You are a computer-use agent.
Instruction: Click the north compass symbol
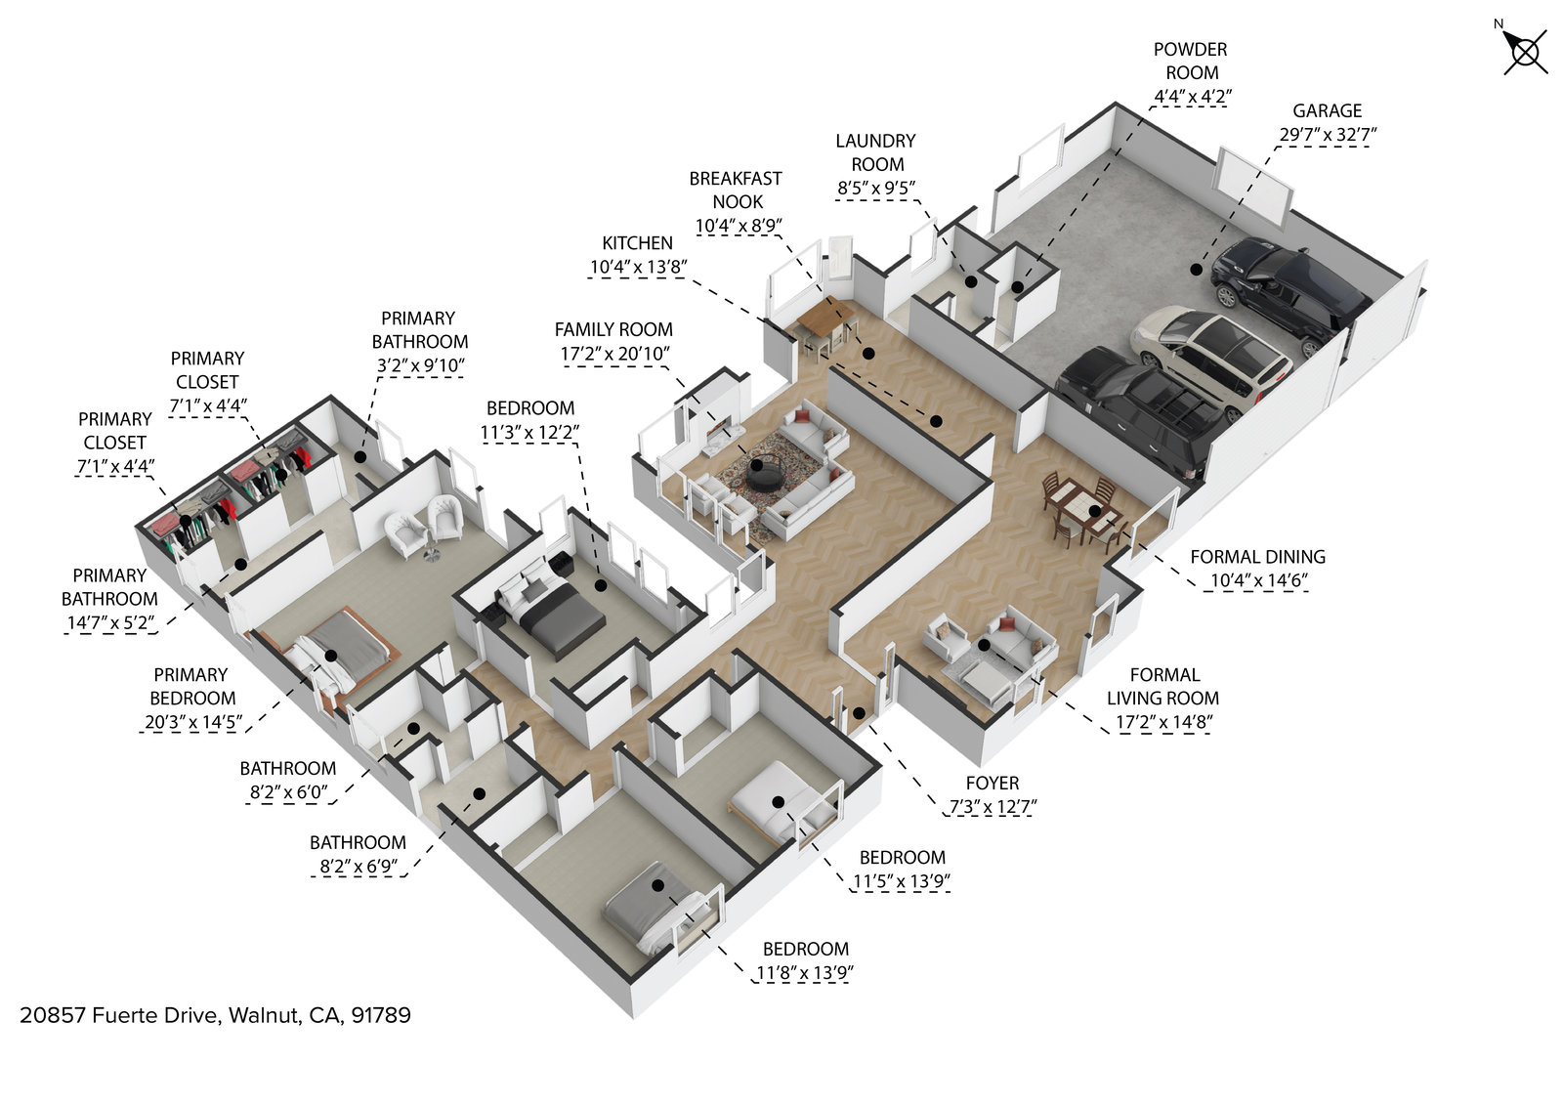tap(1525, 51)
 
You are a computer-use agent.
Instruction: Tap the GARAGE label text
tap(1327, 111)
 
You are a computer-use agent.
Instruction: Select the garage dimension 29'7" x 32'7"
tap(1327, 135)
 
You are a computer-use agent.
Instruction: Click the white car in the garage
tap(1211, 352)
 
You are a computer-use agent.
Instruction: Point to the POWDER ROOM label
tap(1190, 61)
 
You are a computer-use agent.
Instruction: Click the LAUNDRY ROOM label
tap(875, 152)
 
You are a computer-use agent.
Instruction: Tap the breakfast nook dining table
tap(825, 318)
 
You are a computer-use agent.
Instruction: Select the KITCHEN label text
tap(637, 243)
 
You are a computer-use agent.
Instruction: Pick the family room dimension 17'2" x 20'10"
tap(613, 354)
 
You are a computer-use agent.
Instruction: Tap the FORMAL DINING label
tap(1257, 557)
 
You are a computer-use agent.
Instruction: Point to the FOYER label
tap(992, 784)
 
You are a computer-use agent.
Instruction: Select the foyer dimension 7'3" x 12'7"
tap(992, 807)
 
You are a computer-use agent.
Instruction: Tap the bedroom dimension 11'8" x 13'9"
tap(805, 973)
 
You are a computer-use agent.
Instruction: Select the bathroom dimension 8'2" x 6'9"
tap(358, 866)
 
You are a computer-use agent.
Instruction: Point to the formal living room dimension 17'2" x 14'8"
tap(1162, 723)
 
